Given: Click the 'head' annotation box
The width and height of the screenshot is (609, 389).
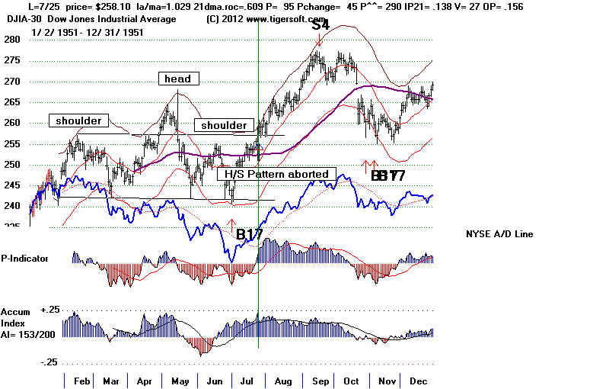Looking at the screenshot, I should pos(177,79).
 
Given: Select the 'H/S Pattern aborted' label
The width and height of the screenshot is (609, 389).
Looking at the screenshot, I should pos(278,174).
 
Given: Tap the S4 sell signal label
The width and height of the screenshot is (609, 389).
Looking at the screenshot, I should pos(321,25).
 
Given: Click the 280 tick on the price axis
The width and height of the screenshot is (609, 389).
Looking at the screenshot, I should pos(11,40).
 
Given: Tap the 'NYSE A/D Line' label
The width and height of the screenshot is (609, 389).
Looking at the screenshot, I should pos(499,233).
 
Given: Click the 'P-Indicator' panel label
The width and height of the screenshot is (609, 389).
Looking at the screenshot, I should pos(24,259).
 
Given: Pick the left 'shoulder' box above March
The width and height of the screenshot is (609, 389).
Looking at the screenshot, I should pos(78,121).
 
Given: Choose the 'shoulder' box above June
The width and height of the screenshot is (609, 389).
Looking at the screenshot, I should pos(224,125).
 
